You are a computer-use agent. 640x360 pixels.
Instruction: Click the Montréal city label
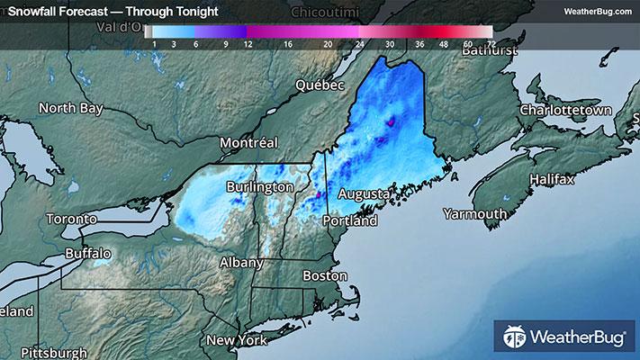251,142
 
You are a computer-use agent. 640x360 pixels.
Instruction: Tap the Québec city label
321,85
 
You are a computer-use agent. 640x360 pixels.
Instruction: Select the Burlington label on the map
258,186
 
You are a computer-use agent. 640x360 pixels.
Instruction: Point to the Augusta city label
363,194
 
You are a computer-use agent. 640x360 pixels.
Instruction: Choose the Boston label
325,274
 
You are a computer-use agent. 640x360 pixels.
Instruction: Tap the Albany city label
242,263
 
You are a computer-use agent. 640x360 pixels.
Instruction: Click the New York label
237,340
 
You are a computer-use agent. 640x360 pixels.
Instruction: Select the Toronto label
71,220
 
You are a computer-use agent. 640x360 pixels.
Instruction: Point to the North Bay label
69,109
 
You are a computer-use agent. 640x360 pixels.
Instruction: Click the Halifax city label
551,180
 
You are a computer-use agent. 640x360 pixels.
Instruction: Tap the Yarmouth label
475,213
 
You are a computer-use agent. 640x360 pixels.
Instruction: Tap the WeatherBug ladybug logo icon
516,339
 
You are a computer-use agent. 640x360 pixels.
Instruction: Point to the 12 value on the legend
246,43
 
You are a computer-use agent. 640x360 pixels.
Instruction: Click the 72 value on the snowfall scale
489,43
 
